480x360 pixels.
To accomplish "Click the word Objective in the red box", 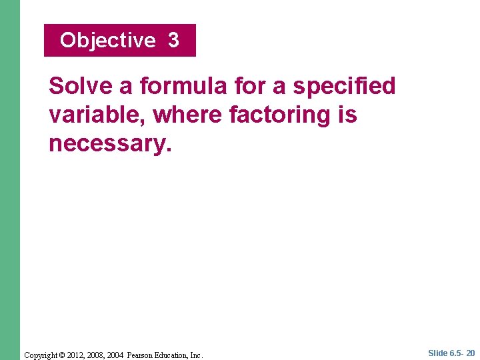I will (x=107, y=41).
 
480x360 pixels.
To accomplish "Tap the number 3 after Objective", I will (x=173, y=41).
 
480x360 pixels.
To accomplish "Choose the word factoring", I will (x=280, y=115).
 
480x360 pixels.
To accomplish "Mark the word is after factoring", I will (x=347, y=115).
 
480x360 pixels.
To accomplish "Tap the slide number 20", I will (x=470, y=353).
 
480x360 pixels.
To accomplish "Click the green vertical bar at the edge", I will (x=10, y=180).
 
